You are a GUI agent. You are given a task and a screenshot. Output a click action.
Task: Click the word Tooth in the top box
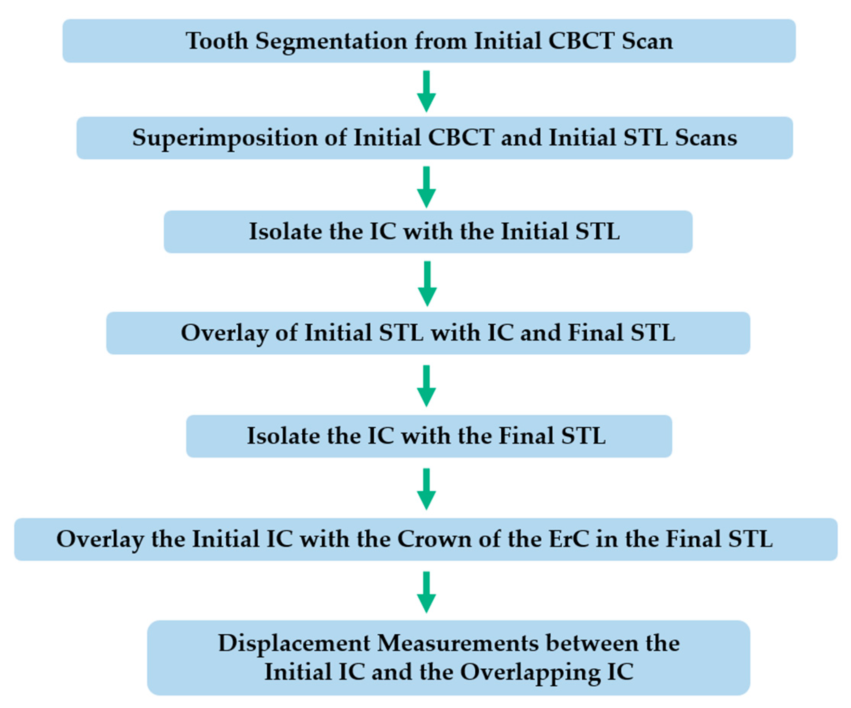tap(216, 41)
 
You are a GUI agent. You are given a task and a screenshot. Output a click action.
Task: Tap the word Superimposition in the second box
tap(225, 138)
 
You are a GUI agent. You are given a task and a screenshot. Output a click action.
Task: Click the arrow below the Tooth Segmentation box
tap(426, 91)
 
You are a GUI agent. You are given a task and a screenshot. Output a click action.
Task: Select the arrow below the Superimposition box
tap(426, 187)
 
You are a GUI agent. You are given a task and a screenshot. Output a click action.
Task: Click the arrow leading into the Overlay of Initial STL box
tap(427, 284)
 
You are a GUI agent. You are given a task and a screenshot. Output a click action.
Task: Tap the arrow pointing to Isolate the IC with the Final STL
tap(426, 386)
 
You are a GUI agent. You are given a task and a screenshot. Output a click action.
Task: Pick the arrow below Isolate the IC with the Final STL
tap(426, 489)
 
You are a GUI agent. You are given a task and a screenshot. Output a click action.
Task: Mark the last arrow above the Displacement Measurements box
tap(426, 592)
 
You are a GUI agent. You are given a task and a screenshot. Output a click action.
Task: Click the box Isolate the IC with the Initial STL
tap(428, 232)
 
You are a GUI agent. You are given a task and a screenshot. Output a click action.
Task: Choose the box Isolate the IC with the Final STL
tap(429, 436)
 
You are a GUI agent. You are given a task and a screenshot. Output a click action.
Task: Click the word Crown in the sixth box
tap(434, 539)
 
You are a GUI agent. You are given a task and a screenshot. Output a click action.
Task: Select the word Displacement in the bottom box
tap(294, 643)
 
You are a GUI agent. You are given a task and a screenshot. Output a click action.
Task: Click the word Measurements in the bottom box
tap(458, 643)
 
